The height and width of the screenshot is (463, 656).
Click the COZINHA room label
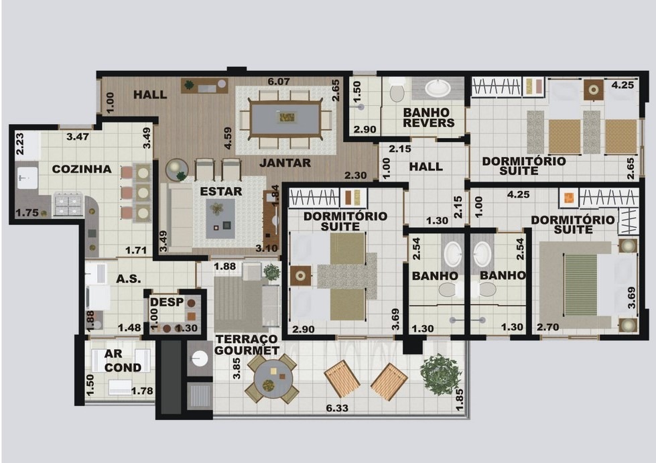[x=82, y=170]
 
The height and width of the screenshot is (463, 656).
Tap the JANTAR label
[x=285, y=163]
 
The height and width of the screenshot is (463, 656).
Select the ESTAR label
[x=221, y=191]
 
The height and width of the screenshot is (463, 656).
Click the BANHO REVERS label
[x=429, y=117]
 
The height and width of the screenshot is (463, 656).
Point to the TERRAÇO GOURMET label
[x=247, y=344]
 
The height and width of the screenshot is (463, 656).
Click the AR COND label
[x=123, y=360]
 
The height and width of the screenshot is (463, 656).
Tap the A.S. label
[x=128, y=279]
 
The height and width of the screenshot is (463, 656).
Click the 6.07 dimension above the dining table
[x=279, y=82]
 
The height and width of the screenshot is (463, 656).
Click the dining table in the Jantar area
[x=285, y=118]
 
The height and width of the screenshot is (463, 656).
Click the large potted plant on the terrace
[x=441, y=371]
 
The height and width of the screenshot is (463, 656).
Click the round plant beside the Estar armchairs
[x=178, y=170]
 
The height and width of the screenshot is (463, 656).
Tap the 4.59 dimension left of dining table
[x=228, y=138]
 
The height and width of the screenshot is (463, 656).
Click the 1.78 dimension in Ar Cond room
[x=142, y=391]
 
